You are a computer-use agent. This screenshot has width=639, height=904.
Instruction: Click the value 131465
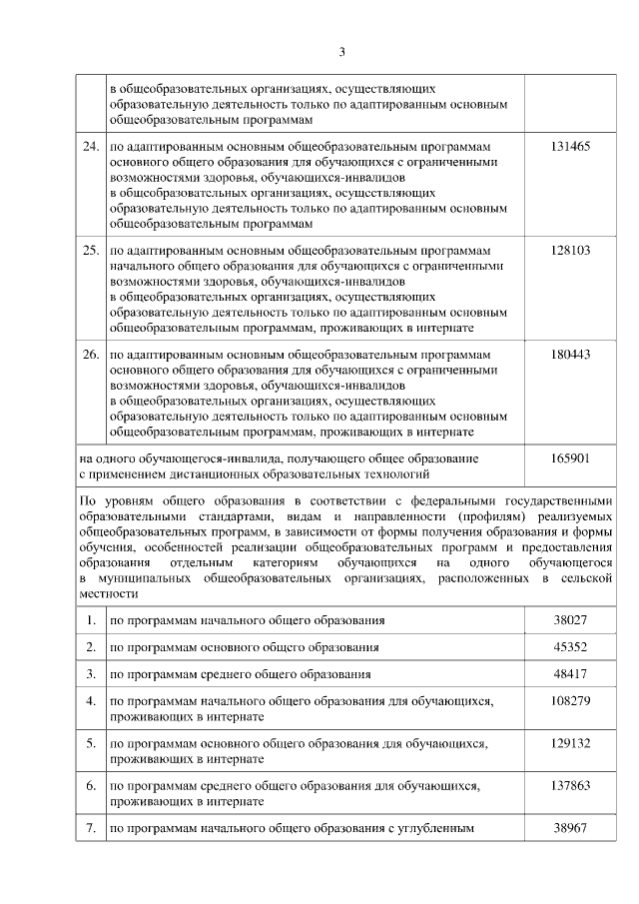(x=570, y=146)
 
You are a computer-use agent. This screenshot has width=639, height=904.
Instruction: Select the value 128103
(x=570, y=250)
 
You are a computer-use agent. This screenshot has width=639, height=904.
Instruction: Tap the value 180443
(x=570, y=354)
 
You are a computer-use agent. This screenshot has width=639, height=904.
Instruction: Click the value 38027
(x=570, y=620)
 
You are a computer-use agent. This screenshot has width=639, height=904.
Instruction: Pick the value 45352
(x=570, y=647)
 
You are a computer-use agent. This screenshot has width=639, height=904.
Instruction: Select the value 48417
(x=570, y=674)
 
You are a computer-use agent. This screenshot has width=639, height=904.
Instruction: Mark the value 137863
(x=570, y=786)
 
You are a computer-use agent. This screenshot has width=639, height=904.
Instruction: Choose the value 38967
(x=570, y=828)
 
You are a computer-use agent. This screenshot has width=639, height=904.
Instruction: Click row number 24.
(x=90, y=146)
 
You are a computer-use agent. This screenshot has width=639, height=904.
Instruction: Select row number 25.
(x=90, y=250)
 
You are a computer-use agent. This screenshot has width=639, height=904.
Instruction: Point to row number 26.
(x=90, y=354)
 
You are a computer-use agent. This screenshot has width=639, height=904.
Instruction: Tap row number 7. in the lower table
(x=90, y=828)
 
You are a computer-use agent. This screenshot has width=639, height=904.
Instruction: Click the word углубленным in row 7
(x=436, y=829)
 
